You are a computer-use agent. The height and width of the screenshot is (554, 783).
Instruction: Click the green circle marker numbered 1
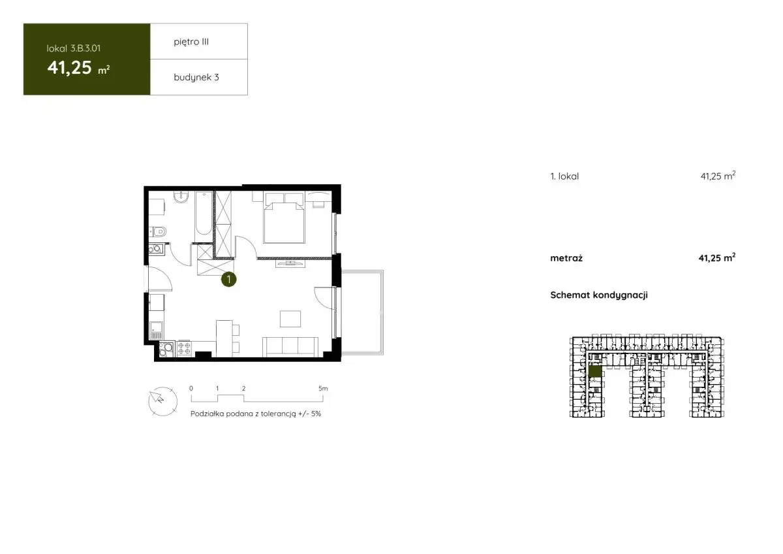[228, 279]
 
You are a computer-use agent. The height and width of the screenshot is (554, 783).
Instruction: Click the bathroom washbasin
[181, 197]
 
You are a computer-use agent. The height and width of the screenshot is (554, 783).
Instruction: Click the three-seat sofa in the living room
[290, 346]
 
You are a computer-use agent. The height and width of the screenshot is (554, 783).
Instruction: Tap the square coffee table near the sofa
[290, 319]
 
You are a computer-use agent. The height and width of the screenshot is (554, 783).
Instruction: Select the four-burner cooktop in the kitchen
[184, 348]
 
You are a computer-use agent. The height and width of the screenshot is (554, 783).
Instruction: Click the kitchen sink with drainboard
[156, 331]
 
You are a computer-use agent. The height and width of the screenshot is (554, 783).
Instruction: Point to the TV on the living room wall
[290, 263]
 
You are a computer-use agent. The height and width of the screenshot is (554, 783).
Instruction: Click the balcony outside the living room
[362, 312]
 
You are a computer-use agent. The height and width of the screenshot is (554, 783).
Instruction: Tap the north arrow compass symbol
[163, 401]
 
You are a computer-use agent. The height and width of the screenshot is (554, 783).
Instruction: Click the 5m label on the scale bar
[323, 389]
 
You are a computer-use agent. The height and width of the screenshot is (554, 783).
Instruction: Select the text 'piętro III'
[191, 42]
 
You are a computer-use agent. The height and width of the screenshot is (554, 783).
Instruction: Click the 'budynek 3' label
[196, 77]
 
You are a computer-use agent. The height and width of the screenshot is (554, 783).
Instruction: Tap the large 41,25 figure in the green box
[70, 67]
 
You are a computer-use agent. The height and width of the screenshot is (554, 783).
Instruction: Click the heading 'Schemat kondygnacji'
[599, 295]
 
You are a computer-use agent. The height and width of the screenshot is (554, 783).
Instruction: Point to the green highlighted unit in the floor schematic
[595, 371]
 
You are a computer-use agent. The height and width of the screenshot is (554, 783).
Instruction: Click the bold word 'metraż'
[566, 258]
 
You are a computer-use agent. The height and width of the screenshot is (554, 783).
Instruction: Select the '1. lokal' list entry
[564, 176]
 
